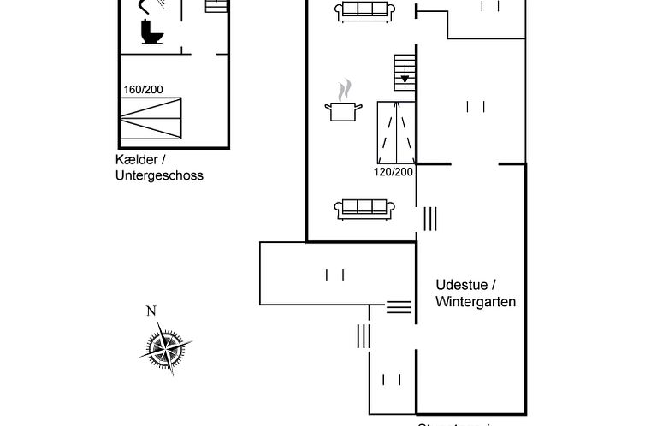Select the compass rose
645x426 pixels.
165,347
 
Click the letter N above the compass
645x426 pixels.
151,311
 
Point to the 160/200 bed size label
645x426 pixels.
142,89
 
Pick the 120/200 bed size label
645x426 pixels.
394,171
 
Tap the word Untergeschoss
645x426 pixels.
159,175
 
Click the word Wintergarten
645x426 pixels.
476,301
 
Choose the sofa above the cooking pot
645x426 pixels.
365,11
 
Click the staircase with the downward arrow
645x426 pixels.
404,72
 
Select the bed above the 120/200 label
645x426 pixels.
396,132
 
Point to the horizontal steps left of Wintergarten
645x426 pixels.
398,306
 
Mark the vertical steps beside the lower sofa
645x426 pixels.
429,218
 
